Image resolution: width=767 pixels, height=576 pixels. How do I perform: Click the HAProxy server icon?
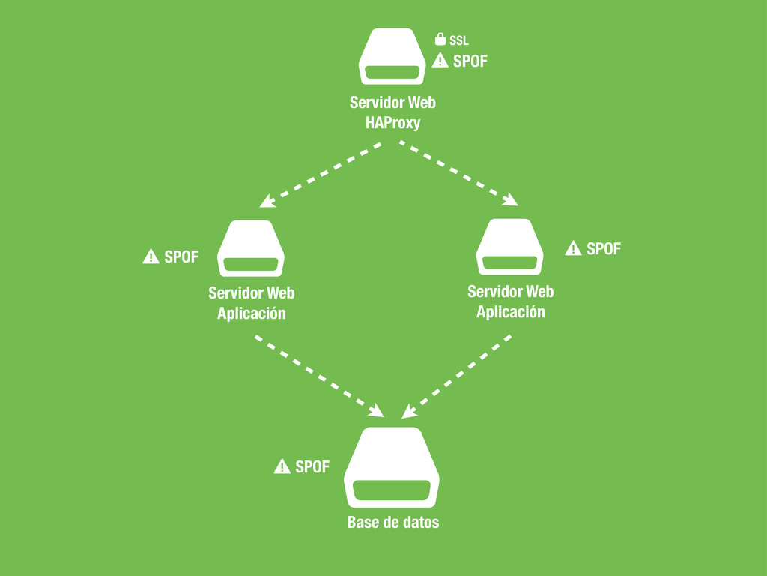[x=392, y=57]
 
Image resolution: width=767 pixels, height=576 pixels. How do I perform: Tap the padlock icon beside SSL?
[x=440, y=39]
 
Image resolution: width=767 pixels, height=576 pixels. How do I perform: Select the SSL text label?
[x=459, y=40]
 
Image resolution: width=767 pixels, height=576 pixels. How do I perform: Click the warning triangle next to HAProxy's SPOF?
[x=440, y=61]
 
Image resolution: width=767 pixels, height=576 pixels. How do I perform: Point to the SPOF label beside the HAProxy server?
[x=470, y=61]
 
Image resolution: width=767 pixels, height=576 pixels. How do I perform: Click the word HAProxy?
[x=393, y=123]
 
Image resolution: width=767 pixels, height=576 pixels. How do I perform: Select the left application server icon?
[x=252, y=249]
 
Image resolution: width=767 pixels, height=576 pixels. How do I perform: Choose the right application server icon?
[x=510, y=247]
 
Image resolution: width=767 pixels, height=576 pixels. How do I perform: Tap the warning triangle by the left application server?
[x=151, y=256]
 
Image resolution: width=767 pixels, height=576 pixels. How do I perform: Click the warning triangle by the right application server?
[x=573, y=248]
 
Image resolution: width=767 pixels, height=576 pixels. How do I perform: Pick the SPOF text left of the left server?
[x=181, y=256]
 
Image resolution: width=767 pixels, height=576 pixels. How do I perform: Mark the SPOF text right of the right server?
[x=604, y=248]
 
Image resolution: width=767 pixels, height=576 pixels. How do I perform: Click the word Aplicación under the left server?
[x=252, y=313]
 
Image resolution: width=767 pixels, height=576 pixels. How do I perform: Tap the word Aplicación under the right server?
[x=511, y=311]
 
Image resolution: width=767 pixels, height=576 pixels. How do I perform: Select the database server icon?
[x=392, y=468]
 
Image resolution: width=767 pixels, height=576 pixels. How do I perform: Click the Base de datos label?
[x=393, y=523]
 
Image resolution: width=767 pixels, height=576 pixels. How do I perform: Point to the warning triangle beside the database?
[x=282, y=466]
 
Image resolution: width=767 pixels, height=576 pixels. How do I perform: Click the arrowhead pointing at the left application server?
[x=266, y=201]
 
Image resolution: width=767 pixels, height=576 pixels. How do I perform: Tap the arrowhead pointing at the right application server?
[x=512, y=199]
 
